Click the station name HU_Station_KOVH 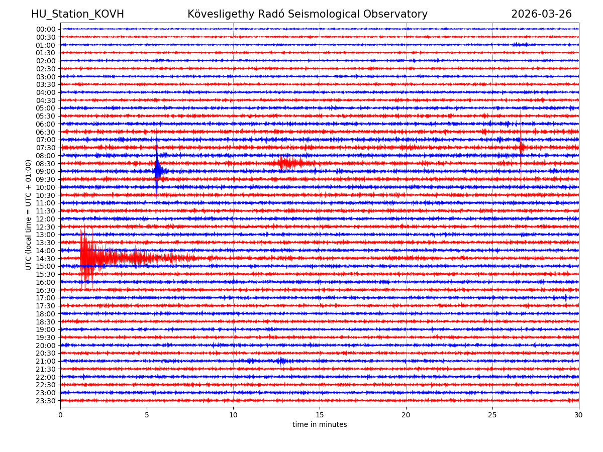[77, 14]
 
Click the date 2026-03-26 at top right [541, 14]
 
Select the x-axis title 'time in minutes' [320, 424]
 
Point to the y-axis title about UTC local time [29, 214]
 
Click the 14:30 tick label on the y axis [45, 258]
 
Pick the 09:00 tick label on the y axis [45, 171]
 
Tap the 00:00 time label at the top [45, 29]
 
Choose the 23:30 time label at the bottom [45, 401]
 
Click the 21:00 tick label [45, 361]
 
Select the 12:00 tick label [45, 219]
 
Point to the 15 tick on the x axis [320, 415]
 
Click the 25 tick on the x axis [492, 415]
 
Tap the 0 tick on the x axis [60, 415]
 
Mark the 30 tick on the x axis [579, 415]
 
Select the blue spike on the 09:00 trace [158, 171]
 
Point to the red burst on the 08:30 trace [289, 163]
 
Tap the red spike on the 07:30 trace [521, 147]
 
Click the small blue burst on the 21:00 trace [281, 361]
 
